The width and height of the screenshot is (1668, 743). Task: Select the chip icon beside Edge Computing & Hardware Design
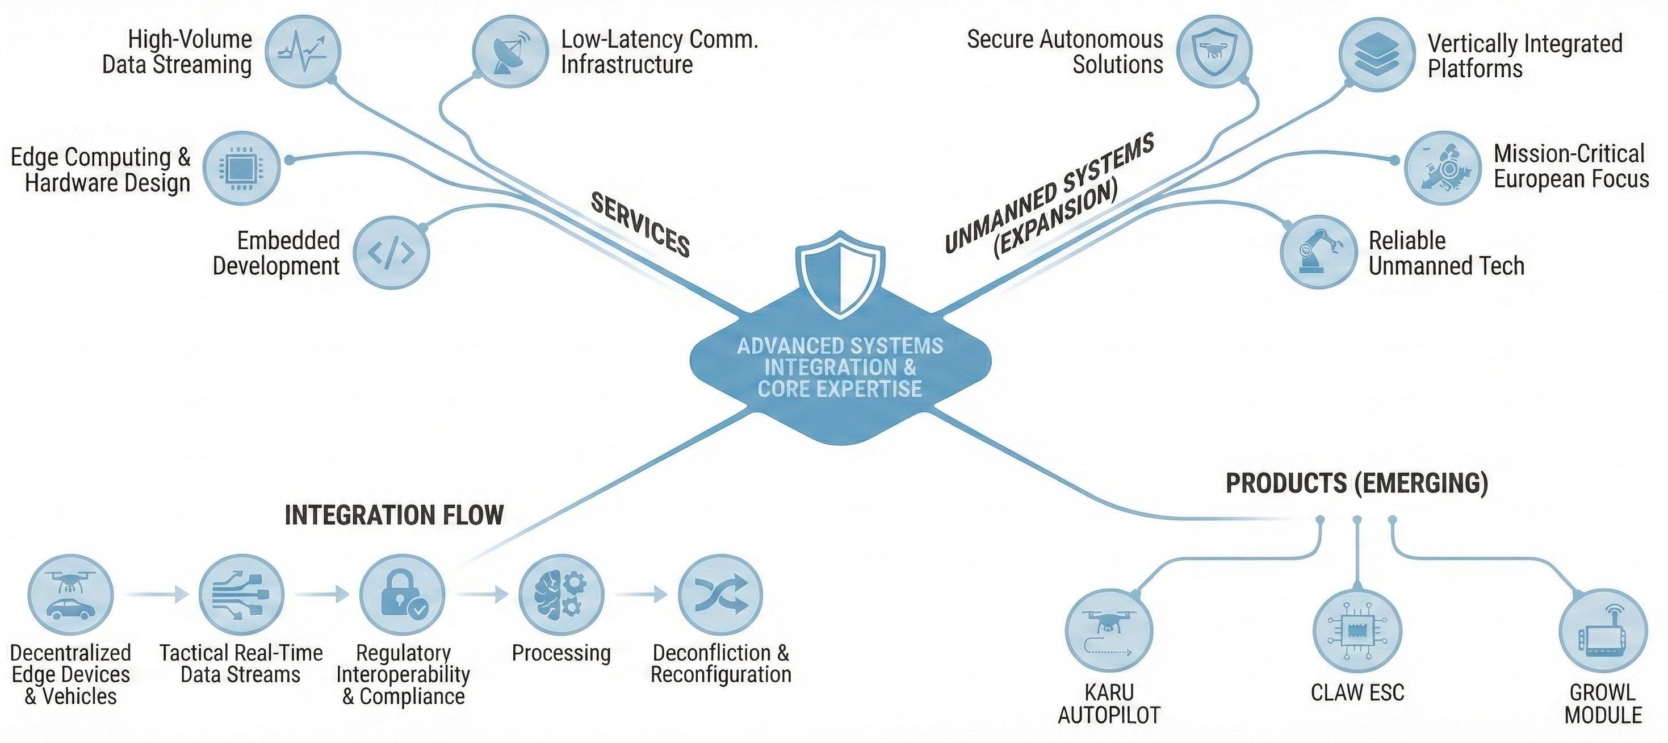pos(241,168)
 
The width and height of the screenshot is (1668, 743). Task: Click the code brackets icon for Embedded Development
pos(391,253)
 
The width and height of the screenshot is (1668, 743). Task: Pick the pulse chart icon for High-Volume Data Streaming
pos(303,51)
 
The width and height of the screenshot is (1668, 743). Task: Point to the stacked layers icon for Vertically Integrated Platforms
pos(1376,54)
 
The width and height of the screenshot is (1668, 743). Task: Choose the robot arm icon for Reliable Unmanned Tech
pos(1318,251)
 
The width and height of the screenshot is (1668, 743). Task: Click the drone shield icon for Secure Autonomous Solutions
pos(1214,51)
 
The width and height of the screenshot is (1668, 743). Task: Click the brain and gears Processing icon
pos(561,594)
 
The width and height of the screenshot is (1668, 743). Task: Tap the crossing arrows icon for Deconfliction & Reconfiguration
pos(720,594)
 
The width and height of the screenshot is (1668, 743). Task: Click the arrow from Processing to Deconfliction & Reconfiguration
pos(641,594)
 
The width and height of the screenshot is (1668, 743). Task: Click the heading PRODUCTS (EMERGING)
pos(1356,483)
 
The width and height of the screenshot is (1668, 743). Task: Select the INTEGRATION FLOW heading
pos(393,516)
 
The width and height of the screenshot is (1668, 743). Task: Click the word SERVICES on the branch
pos(640,225)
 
